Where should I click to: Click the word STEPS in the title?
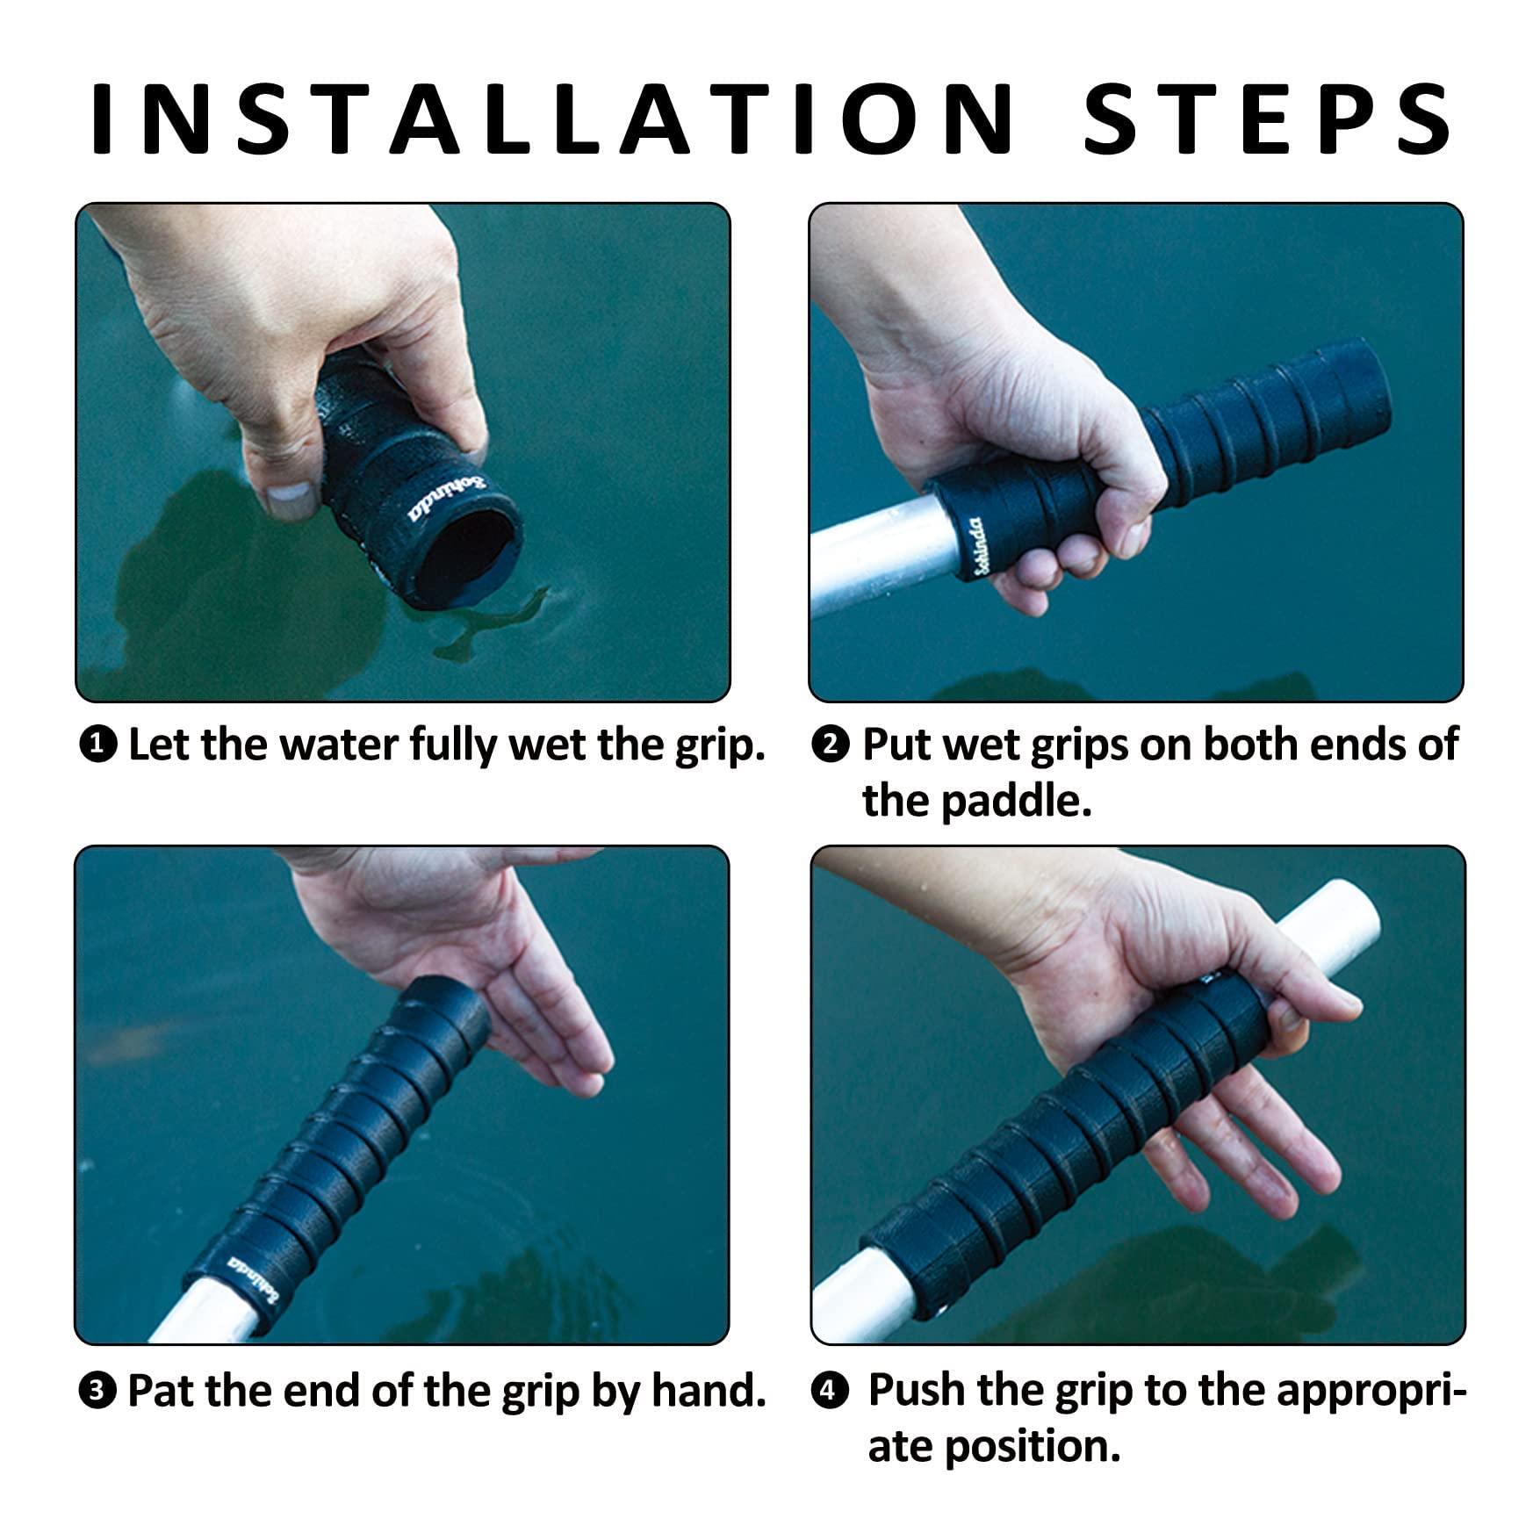[x=1268, y=118]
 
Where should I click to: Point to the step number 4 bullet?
[x=831, y=1392]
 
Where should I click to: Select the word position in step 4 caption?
[x=1033, y=1449]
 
